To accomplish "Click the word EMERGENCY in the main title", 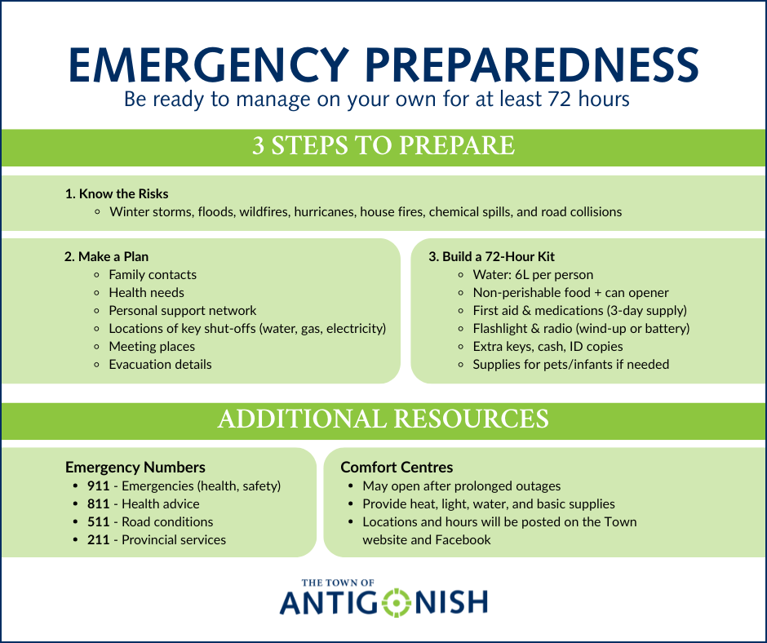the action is pyautogui.click(x=209, y=64).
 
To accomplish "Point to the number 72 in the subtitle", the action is pyautogui.click(x=560, y=99).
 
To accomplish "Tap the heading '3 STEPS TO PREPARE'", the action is pyautogui.click(x=383, y=145).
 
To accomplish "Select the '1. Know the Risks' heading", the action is pyautogui.click(x=117, y=193).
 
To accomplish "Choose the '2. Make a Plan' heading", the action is pyautogui.click(x=106, y=256).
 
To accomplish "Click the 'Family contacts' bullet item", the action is pyautogui.click(x=153, y=274).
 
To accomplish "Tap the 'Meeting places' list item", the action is pyautogui.click(x=152, y=347).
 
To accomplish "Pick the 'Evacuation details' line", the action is pyautogui.click(x=160, y=365).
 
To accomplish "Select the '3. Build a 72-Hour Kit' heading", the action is pyautogui.click(x=491, y=256).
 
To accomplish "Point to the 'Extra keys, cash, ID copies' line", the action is pyautogui.click(x=548, y=347).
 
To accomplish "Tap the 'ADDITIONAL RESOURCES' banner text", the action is pyautogui.click(x=383, y=419).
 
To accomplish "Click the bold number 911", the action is pyautogui.click(x=98, y=486).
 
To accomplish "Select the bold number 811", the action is pyautogui.click(x=98, y=504).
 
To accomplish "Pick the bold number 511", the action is pyautogui.click(x=98, y=522).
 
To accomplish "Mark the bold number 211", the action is pyautogui.click(x=98, y=539).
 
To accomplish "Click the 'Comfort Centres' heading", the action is pyautogui.click(x=397, y=468).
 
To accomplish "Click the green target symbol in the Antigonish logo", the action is pyautogui.click(x=397, y=602).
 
